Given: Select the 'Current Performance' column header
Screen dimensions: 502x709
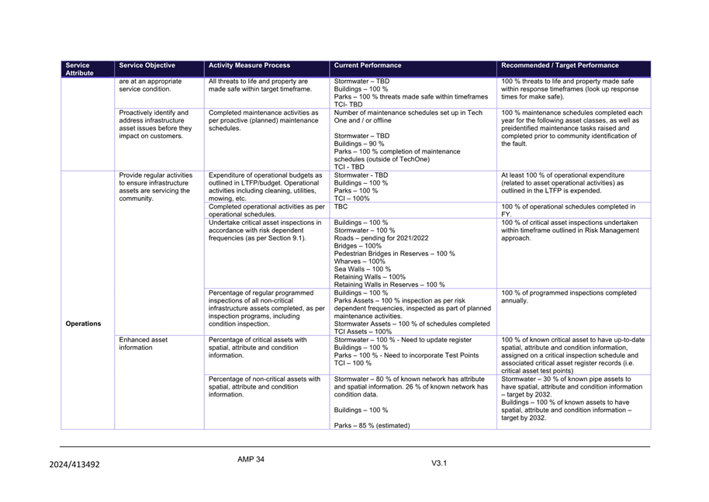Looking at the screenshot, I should point(368,66).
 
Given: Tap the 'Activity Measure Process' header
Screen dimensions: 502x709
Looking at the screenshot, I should point(248,66).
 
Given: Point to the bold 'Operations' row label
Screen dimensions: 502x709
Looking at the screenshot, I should point(83,324).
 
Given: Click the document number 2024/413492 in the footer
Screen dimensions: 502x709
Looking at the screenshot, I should point(74,465).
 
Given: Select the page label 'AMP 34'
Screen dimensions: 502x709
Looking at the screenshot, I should point(251,459).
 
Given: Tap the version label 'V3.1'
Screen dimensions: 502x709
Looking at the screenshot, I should point(440,463).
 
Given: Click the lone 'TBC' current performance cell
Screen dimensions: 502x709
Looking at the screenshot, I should point(341,206).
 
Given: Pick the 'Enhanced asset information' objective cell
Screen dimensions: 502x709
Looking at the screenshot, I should point(143,344).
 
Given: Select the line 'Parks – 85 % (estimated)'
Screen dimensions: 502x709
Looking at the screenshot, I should point(372,425).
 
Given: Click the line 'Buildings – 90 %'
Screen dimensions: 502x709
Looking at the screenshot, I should point(360,144).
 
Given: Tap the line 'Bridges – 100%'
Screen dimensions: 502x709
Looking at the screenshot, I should point(358,246).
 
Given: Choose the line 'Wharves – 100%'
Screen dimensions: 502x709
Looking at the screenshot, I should point(359,261).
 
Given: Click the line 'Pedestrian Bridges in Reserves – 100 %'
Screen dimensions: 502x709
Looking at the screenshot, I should point(394,254).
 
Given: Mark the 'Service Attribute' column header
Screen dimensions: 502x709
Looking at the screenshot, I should point(78,69).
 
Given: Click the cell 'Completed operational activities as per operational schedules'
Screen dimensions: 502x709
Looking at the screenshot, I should point(266,210).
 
